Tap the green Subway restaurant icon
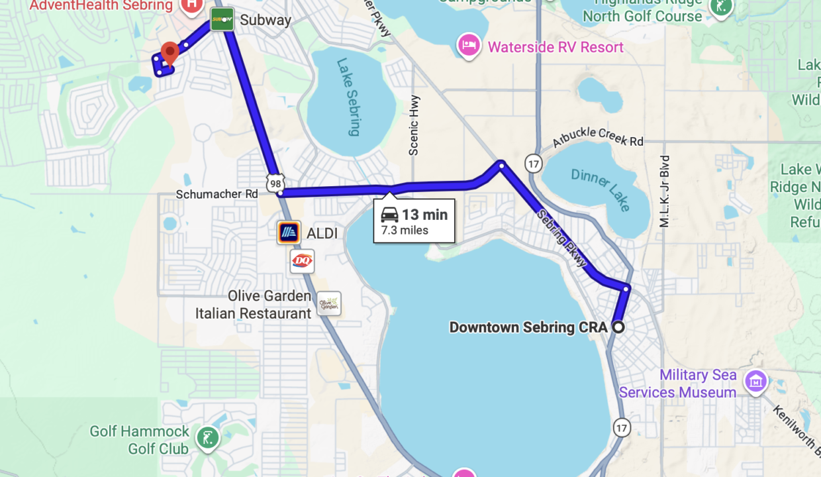click(222, 20)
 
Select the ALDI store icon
click(289, 233)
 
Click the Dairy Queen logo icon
click(302, 262)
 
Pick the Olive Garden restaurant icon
click(329, 303)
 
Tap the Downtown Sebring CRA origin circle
click(618, 327)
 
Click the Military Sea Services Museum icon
click(755, 381)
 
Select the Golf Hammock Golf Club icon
click(208, 438)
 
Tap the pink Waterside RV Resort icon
click(469, 46)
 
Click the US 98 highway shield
click(276, 182)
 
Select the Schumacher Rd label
click(217, 194)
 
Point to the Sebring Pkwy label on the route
click(562, 238)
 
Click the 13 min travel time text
click(424, 215)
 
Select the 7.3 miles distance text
click(405, 231)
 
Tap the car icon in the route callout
click(390, 215)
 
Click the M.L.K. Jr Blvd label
click(665, 191)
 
